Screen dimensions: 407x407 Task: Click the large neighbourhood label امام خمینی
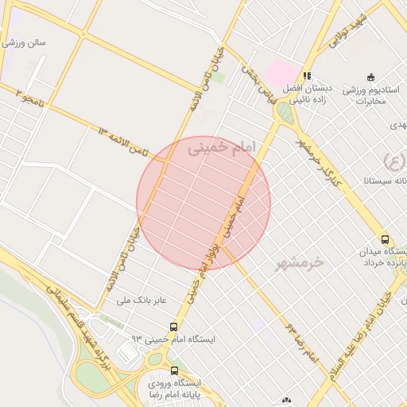219,148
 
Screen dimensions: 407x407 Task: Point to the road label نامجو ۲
29,99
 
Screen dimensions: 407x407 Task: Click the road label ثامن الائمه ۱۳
123,140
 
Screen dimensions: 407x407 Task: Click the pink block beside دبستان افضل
279,73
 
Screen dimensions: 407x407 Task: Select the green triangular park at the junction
284,114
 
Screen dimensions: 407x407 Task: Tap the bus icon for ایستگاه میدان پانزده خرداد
386,239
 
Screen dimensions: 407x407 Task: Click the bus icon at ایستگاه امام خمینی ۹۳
173,327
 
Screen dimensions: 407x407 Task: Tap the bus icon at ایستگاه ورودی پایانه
175,370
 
